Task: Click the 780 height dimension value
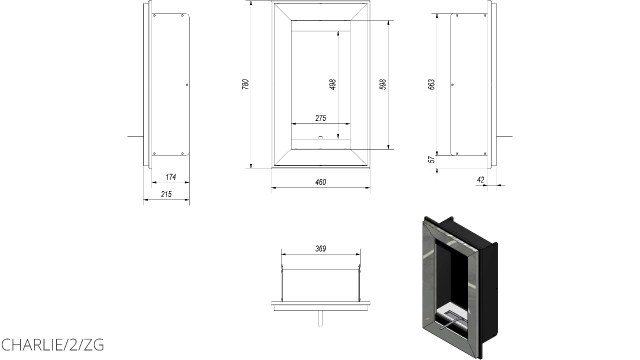point(245,84)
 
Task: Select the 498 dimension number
point(333,84)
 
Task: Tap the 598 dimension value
point(383,84)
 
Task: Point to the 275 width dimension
point(320,118)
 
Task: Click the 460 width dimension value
point(320,182)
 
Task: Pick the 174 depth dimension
point(170,177)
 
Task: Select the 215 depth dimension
point(166,194)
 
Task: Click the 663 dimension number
point(431,84)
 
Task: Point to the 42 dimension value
point(480,179)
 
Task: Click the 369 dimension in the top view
point(320,248)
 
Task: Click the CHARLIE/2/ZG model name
point(52,345)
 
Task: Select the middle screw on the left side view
point(187,84)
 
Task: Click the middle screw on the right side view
point(452,84)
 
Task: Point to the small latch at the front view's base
point(320,137)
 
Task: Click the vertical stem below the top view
point(320,318)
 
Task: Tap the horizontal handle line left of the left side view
point(135,136)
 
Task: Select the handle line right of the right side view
point(504,136)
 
